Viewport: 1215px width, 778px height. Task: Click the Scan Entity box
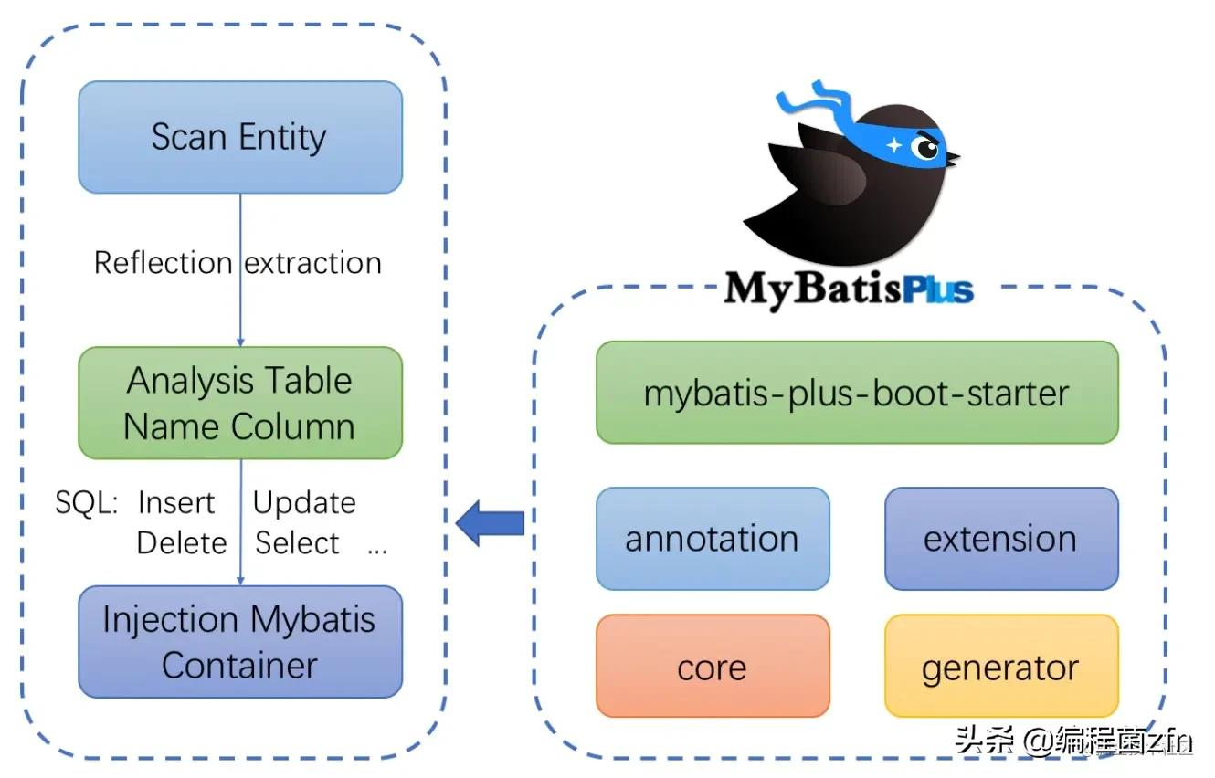pyautogui.click(x=239, y=137)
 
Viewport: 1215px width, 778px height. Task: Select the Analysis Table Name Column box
pyautogui.click(x=239, y=403)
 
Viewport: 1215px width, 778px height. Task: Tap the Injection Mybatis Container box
pyautogui.click(x=239, y=642)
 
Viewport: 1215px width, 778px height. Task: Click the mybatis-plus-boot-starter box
pyautogui.click(x=856, y=393)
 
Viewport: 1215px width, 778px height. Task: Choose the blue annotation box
pyautogui.click(x=713, y=539)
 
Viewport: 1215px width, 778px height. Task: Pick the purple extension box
pyautogui.click(x=1000, y=539)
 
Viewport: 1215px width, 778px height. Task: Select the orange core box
pyautogui.click(x=713, y=668)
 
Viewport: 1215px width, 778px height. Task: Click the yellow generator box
pyautogui.click(x=1000, y=668)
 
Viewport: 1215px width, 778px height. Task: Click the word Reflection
pyautogui.click(x=164, y=263)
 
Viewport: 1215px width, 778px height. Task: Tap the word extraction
pyautogui.click(x=313, y=263)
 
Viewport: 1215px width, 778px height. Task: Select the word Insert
pyautogui.click(x=175, y=503)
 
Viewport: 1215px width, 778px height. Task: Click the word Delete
pyautogui.click(x=182, y=543)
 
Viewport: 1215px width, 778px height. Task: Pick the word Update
pyautogui.click(x=304, y=503)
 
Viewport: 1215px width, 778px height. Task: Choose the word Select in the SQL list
pyautogui.click(x=297, y=543)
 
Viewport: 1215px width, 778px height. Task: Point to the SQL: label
pyautogui.click(x=86, y=503)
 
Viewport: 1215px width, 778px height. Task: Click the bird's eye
pyautogui.click(x=926, y=148)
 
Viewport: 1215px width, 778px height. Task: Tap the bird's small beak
pyautogui.click(x=953, y=160)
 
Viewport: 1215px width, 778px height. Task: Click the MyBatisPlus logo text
pyautogui.click(x=848, y=289)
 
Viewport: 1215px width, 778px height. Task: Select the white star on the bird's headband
pyautogui.click(x=893, y=145)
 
